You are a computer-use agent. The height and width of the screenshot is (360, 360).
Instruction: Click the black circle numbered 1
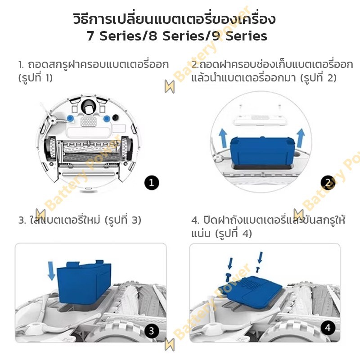(152, 183)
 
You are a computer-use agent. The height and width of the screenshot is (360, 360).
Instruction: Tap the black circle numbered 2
(328, 183)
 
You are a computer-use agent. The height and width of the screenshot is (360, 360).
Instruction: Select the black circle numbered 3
(152, 331)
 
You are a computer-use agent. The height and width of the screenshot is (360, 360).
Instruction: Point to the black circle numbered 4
(328, 328)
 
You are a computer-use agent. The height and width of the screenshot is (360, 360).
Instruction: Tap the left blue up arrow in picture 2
(223, 138)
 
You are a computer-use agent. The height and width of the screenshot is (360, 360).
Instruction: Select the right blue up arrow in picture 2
(301, 138)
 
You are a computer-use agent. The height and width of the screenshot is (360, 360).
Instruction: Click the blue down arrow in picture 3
(51, 271)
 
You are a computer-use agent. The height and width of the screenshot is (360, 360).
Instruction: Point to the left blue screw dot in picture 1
(70, 118)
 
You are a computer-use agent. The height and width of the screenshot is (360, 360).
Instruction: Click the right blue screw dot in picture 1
(107, 119)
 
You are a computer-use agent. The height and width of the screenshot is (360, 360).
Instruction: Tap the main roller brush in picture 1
(89, 151)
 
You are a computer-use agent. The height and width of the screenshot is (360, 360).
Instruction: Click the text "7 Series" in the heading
(114, 36)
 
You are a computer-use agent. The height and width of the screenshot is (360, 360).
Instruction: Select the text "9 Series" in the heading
(239, 36)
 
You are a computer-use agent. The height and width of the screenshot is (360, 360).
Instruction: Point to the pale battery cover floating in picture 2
(260, 119)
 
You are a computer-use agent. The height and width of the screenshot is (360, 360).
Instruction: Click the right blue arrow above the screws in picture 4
(260, 257)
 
